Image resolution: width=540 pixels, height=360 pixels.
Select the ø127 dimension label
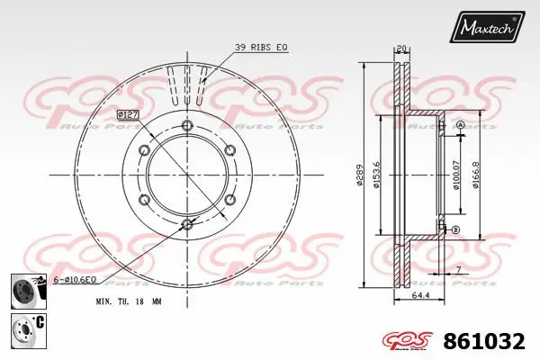[x=127, y=113]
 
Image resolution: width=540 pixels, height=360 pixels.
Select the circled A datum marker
[x=459, y=124]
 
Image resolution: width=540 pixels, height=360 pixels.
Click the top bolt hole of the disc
[x=187, y=125]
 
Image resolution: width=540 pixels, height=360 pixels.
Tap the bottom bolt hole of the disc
[x=187, y=223]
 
